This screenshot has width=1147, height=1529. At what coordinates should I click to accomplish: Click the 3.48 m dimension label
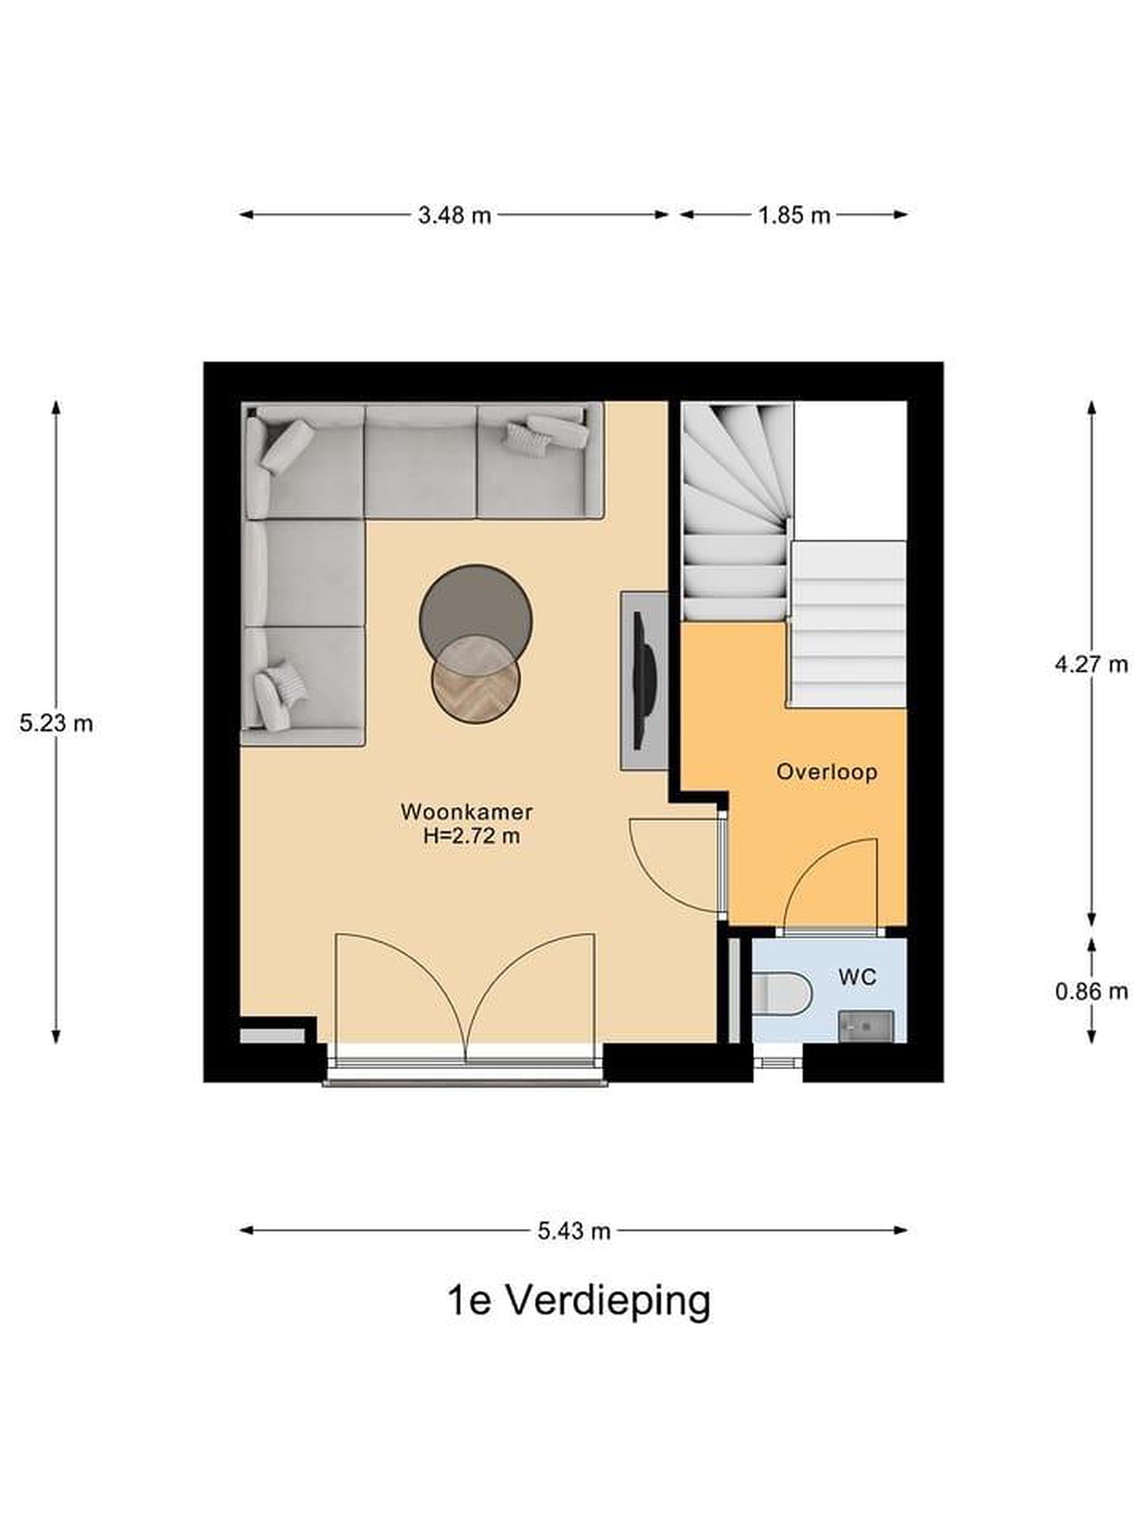454,216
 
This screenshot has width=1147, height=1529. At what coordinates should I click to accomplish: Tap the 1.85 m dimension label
794,216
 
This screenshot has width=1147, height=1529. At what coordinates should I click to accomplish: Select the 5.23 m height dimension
56,724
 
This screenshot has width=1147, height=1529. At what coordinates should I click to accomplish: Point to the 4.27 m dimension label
1091,664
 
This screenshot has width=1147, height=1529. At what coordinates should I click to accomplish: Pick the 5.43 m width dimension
574,1231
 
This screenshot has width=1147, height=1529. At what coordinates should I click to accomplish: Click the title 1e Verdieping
579,1302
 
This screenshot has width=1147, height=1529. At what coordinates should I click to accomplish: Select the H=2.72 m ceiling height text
472,836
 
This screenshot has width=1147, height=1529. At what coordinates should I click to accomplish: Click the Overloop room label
826,771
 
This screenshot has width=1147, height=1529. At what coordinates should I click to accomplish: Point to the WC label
857,977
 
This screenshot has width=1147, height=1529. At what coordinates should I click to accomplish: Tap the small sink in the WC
866,1026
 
